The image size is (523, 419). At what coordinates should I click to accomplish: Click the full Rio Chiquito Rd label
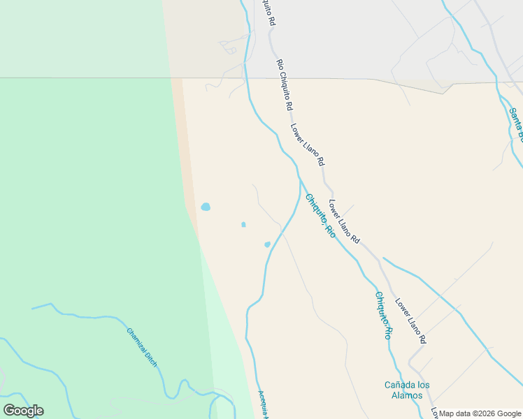pyautogui.click(x=284, y=86)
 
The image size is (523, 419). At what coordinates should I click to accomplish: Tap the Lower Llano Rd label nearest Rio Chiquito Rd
pyautogui.click(x=308, y=145)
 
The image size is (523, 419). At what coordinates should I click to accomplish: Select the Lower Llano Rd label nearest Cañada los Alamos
pyautogui.click(x=410, y=321)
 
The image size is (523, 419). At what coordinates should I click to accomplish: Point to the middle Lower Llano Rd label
pyautogui.click(x=344, y=222)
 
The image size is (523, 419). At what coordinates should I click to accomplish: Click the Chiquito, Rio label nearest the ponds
pyautogui.click(x=320, y=216)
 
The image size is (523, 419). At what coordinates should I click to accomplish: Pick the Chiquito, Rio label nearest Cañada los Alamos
pyautogui.click(x=382, y=315)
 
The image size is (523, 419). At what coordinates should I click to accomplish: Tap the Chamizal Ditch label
pyautogui.click(x=142, y=346)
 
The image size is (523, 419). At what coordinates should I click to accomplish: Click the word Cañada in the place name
pyautogui.click(x=398, y=385)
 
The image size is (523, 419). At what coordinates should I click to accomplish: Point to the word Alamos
pyautogui.click(x=406, y=395)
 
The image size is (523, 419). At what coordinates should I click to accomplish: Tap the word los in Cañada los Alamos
pyautogui.click(x=422, y=385)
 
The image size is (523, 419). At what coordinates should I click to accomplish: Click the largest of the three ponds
pyautogui.click(x=206, y=207)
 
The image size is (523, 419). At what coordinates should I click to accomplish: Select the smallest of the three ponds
pyautogui.click(x=243, y=224)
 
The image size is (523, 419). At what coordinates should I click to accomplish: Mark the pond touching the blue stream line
pyautogui.click(x=267, y=244)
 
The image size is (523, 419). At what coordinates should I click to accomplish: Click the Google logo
pyautogui.click(x=23, y=411)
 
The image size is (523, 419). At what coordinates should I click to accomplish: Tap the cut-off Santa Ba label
pyautogui.click(x=516, y=123)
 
